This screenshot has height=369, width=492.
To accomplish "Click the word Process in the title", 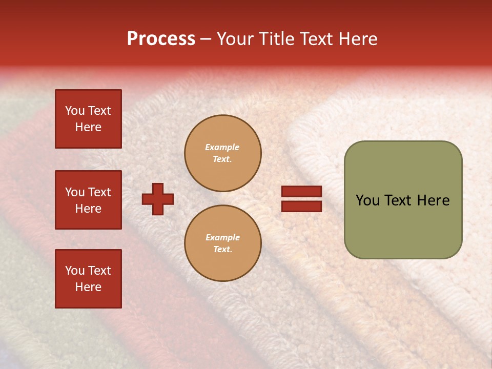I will point(161,39).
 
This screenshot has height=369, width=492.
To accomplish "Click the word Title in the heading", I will point(275,39).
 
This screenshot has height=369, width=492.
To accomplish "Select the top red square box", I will point(88,119).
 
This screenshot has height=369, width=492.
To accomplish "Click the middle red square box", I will point(88,200).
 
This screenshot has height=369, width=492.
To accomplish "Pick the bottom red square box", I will point(88,279).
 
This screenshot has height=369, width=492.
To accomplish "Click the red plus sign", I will point(158,199).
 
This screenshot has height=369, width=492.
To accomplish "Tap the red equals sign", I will point(301,199).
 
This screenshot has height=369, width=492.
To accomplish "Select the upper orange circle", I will point(223,153).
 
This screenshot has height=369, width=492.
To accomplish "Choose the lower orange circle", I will point(223,243).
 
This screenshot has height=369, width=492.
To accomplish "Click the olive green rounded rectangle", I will point(403,200).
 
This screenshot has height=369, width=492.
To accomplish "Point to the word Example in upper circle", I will point(222,147).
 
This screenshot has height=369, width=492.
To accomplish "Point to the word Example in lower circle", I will point(222,237).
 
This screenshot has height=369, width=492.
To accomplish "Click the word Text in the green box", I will point(400,200).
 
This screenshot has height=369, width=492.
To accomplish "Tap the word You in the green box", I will point(367,200).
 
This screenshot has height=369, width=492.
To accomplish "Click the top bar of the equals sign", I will point(301,192).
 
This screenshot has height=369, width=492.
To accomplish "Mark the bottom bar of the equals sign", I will point(301,206).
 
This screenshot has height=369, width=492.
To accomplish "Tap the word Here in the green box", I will point(434,200).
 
